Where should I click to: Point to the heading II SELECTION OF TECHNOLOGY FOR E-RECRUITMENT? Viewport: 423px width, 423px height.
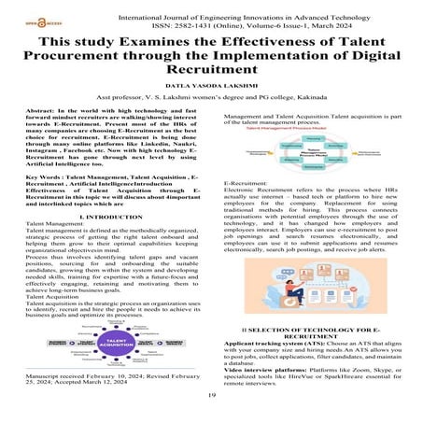(x=309, y=334)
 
